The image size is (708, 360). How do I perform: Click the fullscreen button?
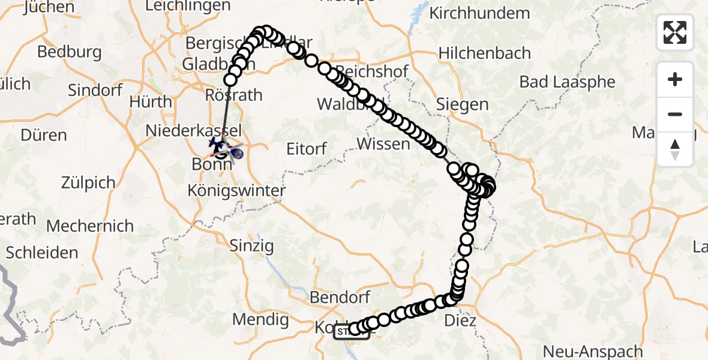click(x=675, y=32)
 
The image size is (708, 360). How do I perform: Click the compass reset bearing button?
click(x=675, y=149)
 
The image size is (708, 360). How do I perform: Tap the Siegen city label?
click(x=463, y=104)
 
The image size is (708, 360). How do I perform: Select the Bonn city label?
click(x=212, y=163)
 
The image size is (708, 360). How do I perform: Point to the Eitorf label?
click(x=306, y=149)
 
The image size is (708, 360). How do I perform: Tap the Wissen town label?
click(x=383, y=144)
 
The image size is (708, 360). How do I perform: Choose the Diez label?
click(x=460, y=321)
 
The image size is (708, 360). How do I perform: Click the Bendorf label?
click(x=341, y=296)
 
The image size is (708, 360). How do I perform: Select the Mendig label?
click(x=261, y=320)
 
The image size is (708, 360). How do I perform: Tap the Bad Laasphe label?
click(x=568, y=82)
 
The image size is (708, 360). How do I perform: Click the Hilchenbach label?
click(x=485, y=53)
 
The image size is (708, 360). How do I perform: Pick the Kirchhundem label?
click(x=480, y=13)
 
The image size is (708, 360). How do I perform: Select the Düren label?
click(x=43, y=134)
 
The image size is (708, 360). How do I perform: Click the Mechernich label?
click(x=90, y=226)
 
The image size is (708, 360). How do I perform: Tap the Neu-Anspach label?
click(x=586, y=351)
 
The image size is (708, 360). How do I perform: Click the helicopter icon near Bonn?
click(x=217, y=144)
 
